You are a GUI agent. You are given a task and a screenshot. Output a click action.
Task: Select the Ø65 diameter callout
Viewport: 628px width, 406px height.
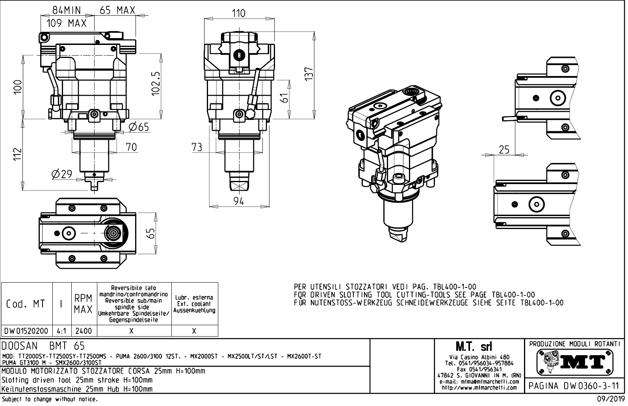coord(139,127)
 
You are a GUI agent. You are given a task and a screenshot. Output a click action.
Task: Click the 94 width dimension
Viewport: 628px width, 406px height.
coord(239,201)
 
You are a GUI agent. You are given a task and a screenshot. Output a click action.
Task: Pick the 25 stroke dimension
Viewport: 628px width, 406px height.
coord(504,149)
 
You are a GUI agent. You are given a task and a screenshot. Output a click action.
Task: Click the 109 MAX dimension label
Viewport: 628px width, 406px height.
coord(67,23)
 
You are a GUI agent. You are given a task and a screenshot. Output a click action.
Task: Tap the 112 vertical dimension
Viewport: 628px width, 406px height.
coord(17,154)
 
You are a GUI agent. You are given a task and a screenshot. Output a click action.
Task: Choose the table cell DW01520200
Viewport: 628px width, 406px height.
coord(27,331)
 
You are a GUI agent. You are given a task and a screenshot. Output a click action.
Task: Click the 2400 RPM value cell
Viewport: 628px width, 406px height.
coord(84,331)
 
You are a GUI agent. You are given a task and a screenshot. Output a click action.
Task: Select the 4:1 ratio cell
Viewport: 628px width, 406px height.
coord(62,331)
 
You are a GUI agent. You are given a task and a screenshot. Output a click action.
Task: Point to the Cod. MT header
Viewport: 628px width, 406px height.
coord(26,304)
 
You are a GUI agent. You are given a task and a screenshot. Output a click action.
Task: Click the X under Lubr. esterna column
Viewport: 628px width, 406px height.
coord(194,331)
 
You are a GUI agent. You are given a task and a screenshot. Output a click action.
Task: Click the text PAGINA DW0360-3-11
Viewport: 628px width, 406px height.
coord(575,386)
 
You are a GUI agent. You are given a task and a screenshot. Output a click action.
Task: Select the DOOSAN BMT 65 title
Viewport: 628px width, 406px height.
coord(43,346)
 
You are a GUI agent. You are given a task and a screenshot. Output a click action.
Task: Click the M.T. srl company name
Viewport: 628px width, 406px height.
coord(479,347)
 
